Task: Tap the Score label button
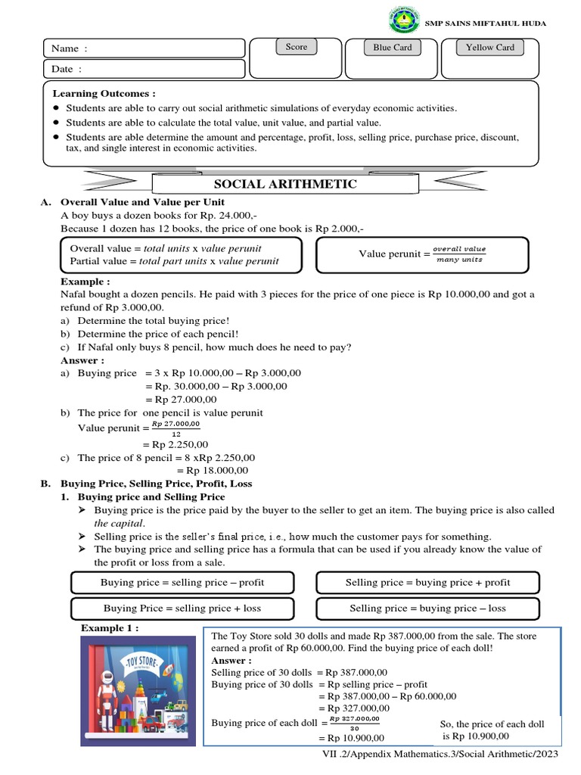pyautogui.click(x=297, y=47)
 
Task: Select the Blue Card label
pyautogui.click(x=393, y=48)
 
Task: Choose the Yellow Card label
pyautogui.click(x=489, y=48)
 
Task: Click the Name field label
pyautogui.click(x=70, y=48)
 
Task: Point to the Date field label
pyautogui.click(x=67, y=69)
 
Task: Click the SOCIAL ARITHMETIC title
pyautogui.click(x=285, y=184)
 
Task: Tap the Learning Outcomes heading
pyautogui.click(x=104, y=93)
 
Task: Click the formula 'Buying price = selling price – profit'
pyautogui.click(x=182, y=583)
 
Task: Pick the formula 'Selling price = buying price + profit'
pyautogui.click(x=427, y=583)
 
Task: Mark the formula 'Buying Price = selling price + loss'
pyautogui.click(x=182, y=608)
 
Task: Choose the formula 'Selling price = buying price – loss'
pyautogui.click(x=427, y=608)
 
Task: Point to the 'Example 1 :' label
pyautogui.click(x=110, y=629)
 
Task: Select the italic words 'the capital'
pyautogui.click(x=120, y=523)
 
